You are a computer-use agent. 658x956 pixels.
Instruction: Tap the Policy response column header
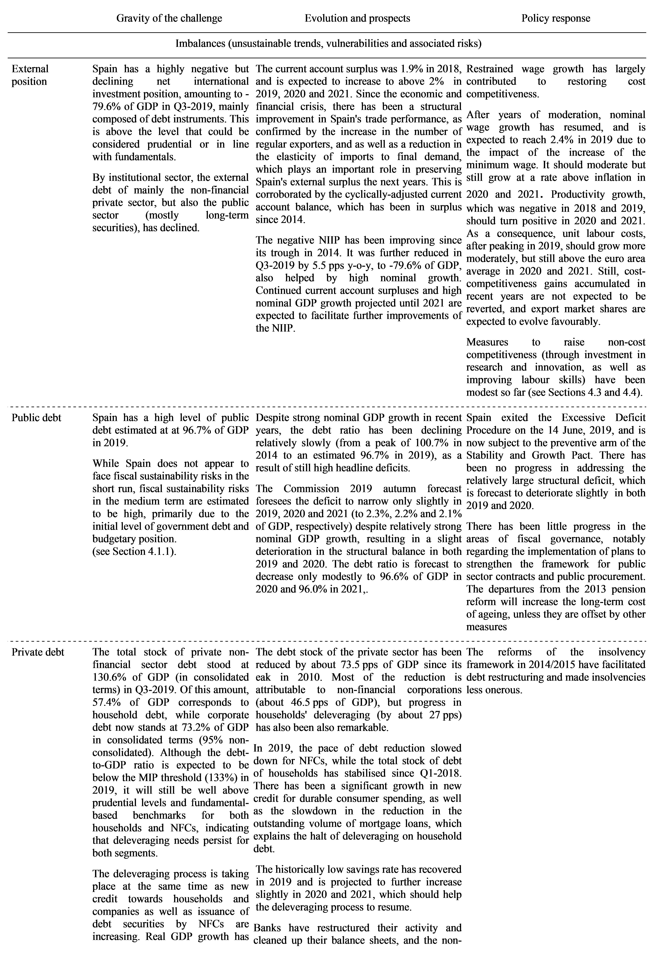pos(556,18)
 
